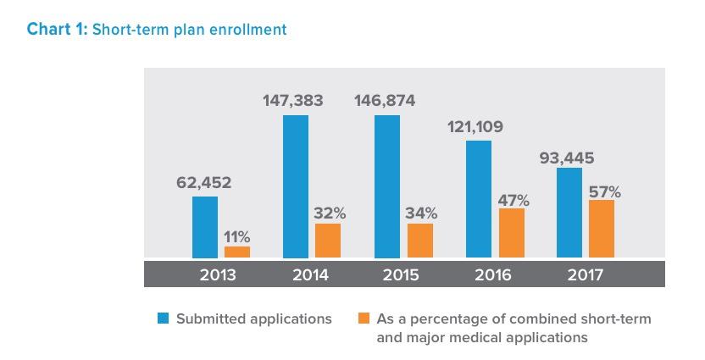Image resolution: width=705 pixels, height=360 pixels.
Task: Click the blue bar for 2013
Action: coord(205,227)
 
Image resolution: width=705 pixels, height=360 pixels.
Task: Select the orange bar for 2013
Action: coord(237,252)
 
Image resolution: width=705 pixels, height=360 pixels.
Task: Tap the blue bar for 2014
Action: coord(296,186)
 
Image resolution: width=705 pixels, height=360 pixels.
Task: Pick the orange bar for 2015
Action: coord(420,241)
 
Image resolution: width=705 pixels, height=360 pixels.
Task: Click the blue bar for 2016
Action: coord(479,199)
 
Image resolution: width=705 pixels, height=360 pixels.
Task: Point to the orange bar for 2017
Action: coord(602,229)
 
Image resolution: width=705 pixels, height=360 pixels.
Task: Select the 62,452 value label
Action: coord(204,182)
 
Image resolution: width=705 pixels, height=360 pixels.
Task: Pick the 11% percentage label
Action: coord(237,237)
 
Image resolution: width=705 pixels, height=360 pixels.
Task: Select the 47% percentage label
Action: coord(513,200)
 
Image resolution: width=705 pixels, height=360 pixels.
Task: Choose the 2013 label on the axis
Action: coord(218,274)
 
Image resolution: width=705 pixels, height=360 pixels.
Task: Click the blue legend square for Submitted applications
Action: coord(164,318)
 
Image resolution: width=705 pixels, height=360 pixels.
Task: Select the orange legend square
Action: coord(364,318)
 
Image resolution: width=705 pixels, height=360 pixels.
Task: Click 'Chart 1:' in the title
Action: coord(58,30)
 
